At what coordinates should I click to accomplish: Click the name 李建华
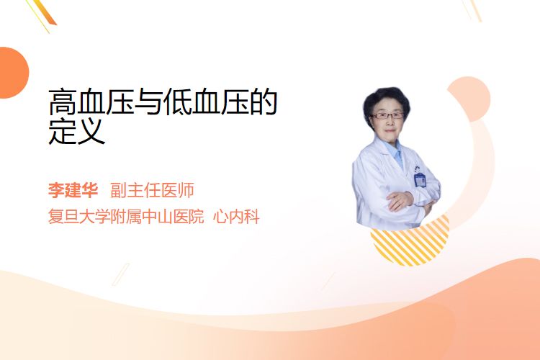click(x=73, y=190)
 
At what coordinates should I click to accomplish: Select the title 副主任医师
click(x=152, y=190)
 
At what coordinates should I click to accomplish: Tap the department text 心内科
click(x=236, y=217)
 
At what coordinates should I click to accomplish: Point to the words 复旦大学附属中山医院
click(x=126, y=217)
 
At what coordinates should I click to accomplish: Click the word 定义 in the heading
click(x=77, y=131)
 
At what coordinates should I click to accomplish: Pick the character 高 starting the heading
click(x=63, y=102)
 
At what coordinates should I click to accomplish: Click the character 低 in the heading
click(x=177, y=102)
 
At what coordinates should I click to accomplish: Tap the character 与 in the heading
click(x=148, y=102)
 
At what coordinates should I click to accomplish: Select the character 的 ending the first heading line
click(x=264, y=102)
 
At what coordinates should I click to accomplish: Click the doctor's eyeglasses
click(x=387, y=116)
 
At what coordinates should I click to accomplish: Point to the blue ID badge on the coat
click(x=420, y=179)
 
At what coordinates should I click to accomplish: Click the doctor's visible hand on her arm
click(x=400, y=200)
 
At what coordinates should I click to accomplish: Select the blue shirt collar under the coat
click(x=396, y=152)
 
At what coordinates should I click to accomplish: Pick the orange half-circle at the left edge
click(x=13, y=73)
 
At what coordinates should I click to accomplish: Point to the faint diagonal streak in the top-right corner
click(x=472, y=9)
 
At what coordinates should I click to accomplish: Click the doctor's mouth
click(x=390, y=130)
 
